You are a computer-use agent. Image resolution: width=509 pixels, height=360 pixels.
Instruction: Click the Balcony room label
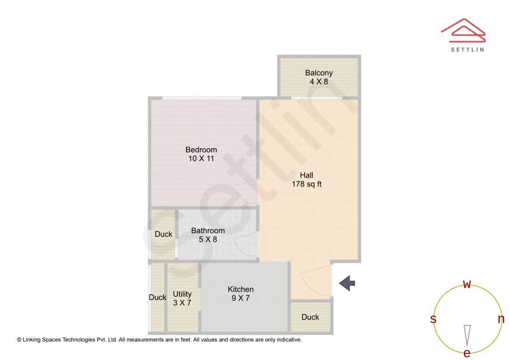click(x=319, y=77)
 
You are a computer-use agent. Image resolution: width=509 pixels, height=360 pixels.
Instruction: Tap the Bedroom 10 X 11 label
click(x=201, y=154)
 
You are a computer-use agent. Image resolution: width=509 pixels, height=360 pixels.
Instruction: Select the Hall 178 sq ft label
click(x=306, y=180)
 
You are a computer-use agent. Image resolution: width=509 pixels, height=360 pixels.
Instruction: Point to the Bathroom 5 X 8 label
click(x=208, y=235)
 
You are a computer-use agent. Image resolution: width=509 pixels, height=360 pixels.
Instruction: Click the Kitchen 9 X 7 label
click(x=240, y=294)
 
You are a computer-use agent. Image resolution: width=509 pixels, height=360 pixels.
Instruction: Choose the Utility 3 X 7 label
click(x=182, y=298)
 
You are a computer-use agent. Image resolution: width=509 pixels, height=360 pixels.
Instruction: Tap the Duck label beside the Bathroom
click(x=164, y=234)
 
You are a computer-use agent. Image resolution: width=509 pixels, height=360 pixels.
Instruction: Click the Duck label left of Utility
click(x=157, y=297)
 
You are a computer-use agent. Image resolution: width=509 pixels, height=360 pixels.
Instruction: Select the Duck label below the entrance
click(x=310, y=317)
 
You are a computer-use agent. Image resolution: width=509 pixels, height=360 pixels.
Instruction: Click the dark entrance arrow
click(x=347, y=283)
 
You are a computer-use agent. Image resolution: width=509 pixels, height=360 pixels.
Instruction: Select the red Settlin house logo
click(x=463, y=28)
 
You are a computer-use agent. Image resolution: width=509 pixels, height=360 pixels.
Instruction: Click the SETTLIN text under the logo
click(x=467, y=49)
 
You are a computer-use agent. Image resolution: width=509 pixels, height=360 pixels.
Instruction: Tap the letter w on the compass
click(x=467, y=284)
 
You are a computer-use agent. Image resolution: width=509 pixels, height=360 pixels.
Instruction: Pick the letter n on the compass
click(x=501, y=319)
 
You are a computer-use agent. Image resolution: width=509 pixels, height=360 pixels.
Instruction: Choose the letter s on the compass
click(x=433, y=319)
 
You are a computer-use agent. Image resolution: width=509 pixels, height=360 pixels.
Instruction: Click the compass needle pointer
click(x=467, y=335)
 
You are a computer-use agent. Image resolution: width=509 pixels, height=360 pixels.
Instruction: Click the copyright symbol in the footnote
click(x=19, y=339)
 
